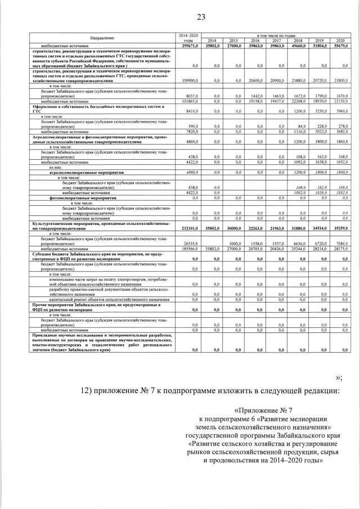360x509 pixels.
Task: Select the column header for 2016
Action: tap(255, 40)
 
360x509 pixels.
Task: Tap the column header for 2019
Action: tap(319, 40)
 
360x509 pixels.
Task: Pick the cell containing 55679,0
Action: tap(340, 45)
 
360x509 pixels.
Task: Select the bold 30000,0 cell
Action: tap(233, 228)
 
